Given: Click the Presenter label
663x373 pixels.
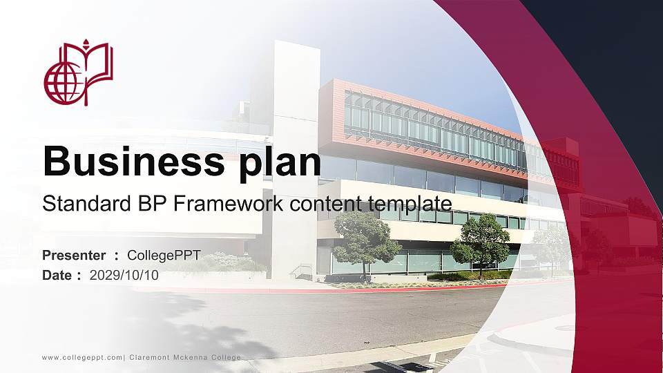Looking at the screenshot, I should pos(74,256).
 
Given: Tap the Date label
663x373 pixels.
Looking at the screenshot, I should pos(57,275).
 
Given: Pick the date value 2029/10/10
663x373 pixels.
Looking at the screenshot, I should pos(124,275).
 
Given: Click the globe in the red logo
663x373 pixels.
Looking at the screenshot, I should pos(64,85).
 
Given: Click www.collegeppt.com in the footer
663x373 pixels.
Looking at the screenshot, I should pos(82,357).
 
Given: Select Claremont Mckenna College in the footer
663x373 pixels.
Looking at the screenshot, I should pos(185,357).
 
